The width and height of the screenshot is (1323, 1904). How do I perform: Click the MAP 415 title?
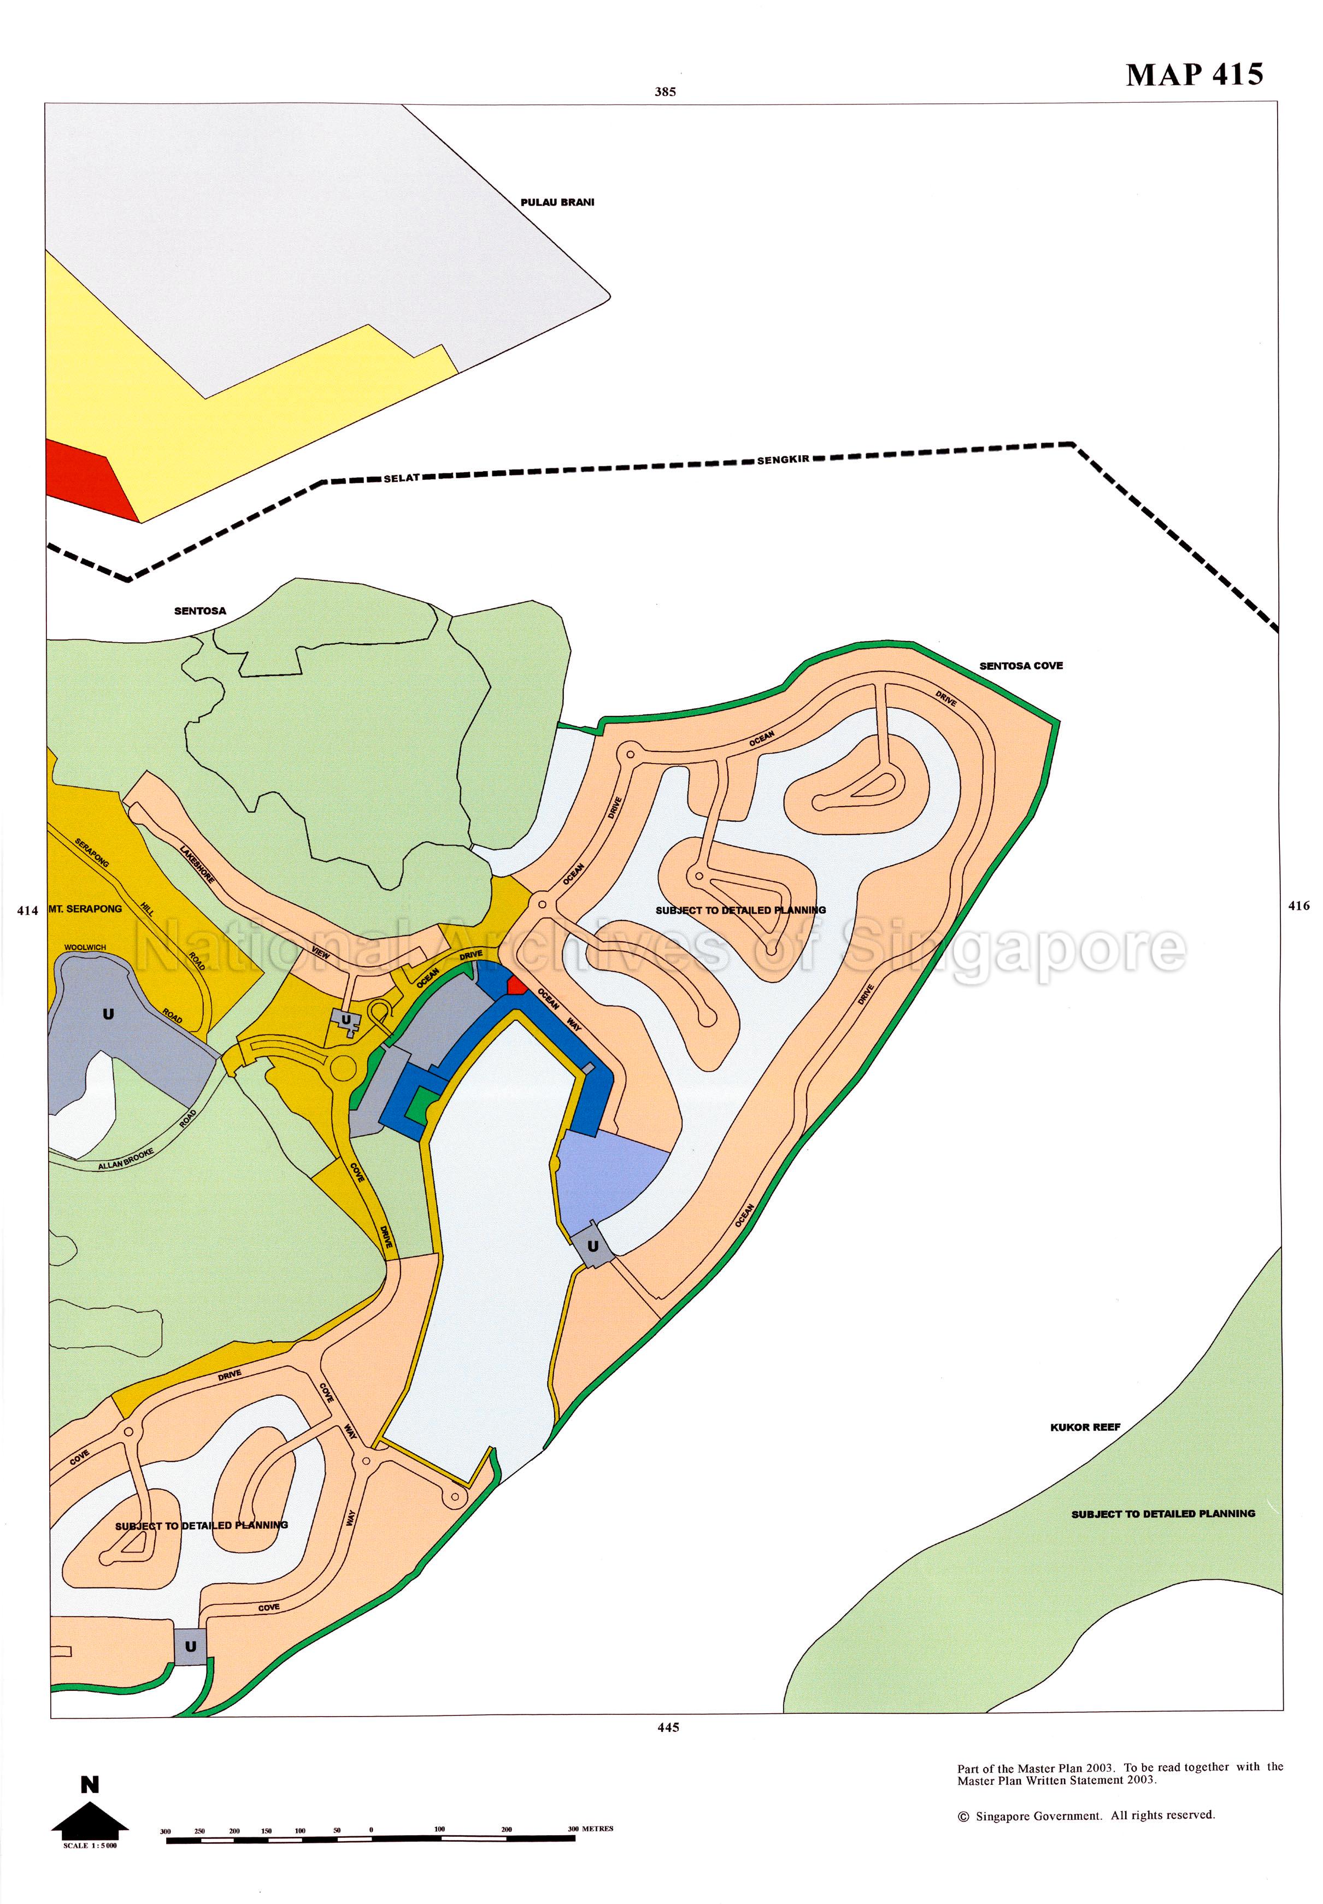tap(1193, 75)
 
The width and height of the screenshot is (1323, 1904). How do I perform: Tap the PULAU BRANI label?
tap(557, 202)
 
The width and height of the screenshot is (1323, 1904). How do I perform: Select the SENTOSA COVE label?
tap(1020, 666)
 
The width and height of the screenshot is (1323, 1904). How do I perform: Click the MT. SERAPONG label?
tap(85, 908)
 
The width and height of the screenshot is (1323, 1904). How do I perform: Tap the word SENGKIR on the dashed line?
tap(783, 460)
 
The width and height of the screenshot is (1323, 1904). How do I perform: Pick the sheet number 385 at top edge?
tap(665, 92)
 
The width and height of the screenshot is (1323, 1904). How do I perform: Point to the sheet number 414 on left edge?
tap(27, 910)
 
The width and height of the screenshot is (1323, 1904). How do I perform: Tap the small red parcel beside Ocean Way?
tap(516, 985)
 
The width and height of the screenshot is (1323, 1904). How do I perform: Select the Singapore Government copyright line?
tap(1086, 1815)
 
